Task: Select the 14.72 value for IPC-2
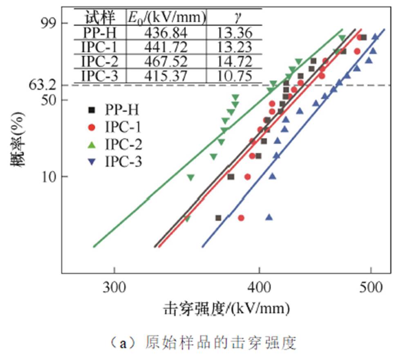(234, 61)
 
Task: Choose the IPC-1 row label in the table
(99, 47)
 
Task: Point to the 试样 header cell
(99, 18)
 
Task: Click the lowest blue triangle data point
(269, 217)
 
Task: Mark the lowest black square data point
(218, 218)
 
